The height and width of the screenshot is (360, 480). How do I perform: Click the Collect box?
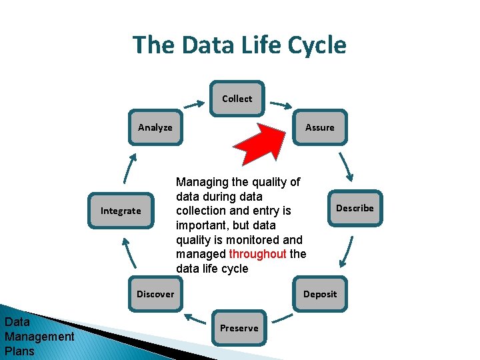(x=237, y=99)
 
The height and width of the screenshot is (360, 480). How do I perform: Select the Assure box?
(x=319, y=127)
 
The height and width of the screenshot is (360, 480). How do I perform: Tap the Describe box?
(x=355, y=208)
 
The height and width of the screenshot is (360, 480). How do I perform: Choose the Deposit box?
(x=320, y=294)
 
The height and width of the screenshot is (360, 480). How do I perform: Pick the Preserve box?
(x=239, y=328)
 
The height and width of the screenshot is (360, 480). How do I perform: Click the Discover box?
(x=155, y=294)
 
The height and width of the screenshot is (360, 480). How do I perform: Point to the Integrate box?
(x=121, y=211)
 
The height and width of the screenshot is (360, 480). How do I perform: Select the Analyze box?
(x=155, y=127)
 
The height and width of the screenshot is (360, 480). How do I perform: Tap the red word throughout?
(x=257, y=254)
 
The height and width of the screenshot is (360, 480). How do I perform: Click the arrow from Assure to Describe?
(x=345, y=167)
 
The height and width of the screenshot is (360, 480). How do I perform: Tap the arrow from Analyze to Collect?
(x=194, y=105)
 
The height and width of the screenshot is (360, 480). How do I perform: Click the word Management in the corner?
(x=39, y=337)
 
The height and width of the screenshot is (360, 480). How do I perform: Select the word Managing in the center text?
(x=200, y=182)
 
